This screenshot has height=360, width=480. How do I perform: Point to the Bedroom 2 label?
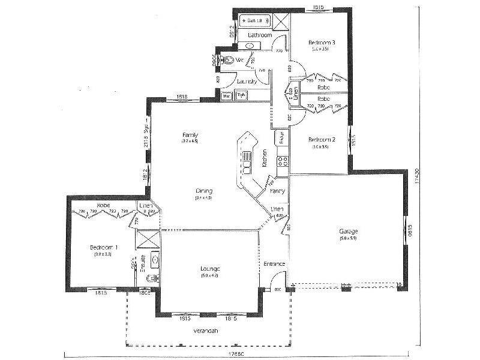(322, 140)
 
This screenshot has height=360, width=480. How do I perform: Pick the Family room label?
(190, 135)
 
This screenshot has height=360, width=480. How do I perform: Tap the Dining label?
(203, 191)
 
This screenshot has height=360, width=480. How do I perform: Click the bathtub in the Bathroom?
(256, 21)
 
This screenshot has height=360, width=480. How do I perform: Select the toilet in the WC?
(229, 60)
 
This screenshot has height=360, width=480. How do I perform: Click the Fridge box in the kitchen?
(280, 137)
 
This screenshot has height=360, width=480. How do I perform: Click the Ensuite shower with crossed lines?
(148, 237)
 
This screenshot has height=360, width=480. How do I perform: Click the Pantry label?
(277, 191)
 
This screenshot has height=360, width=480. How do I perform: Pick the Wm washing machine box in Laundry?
(227, 95)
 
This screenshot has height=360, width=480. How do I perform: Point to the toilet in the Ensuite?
(152, 278)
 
